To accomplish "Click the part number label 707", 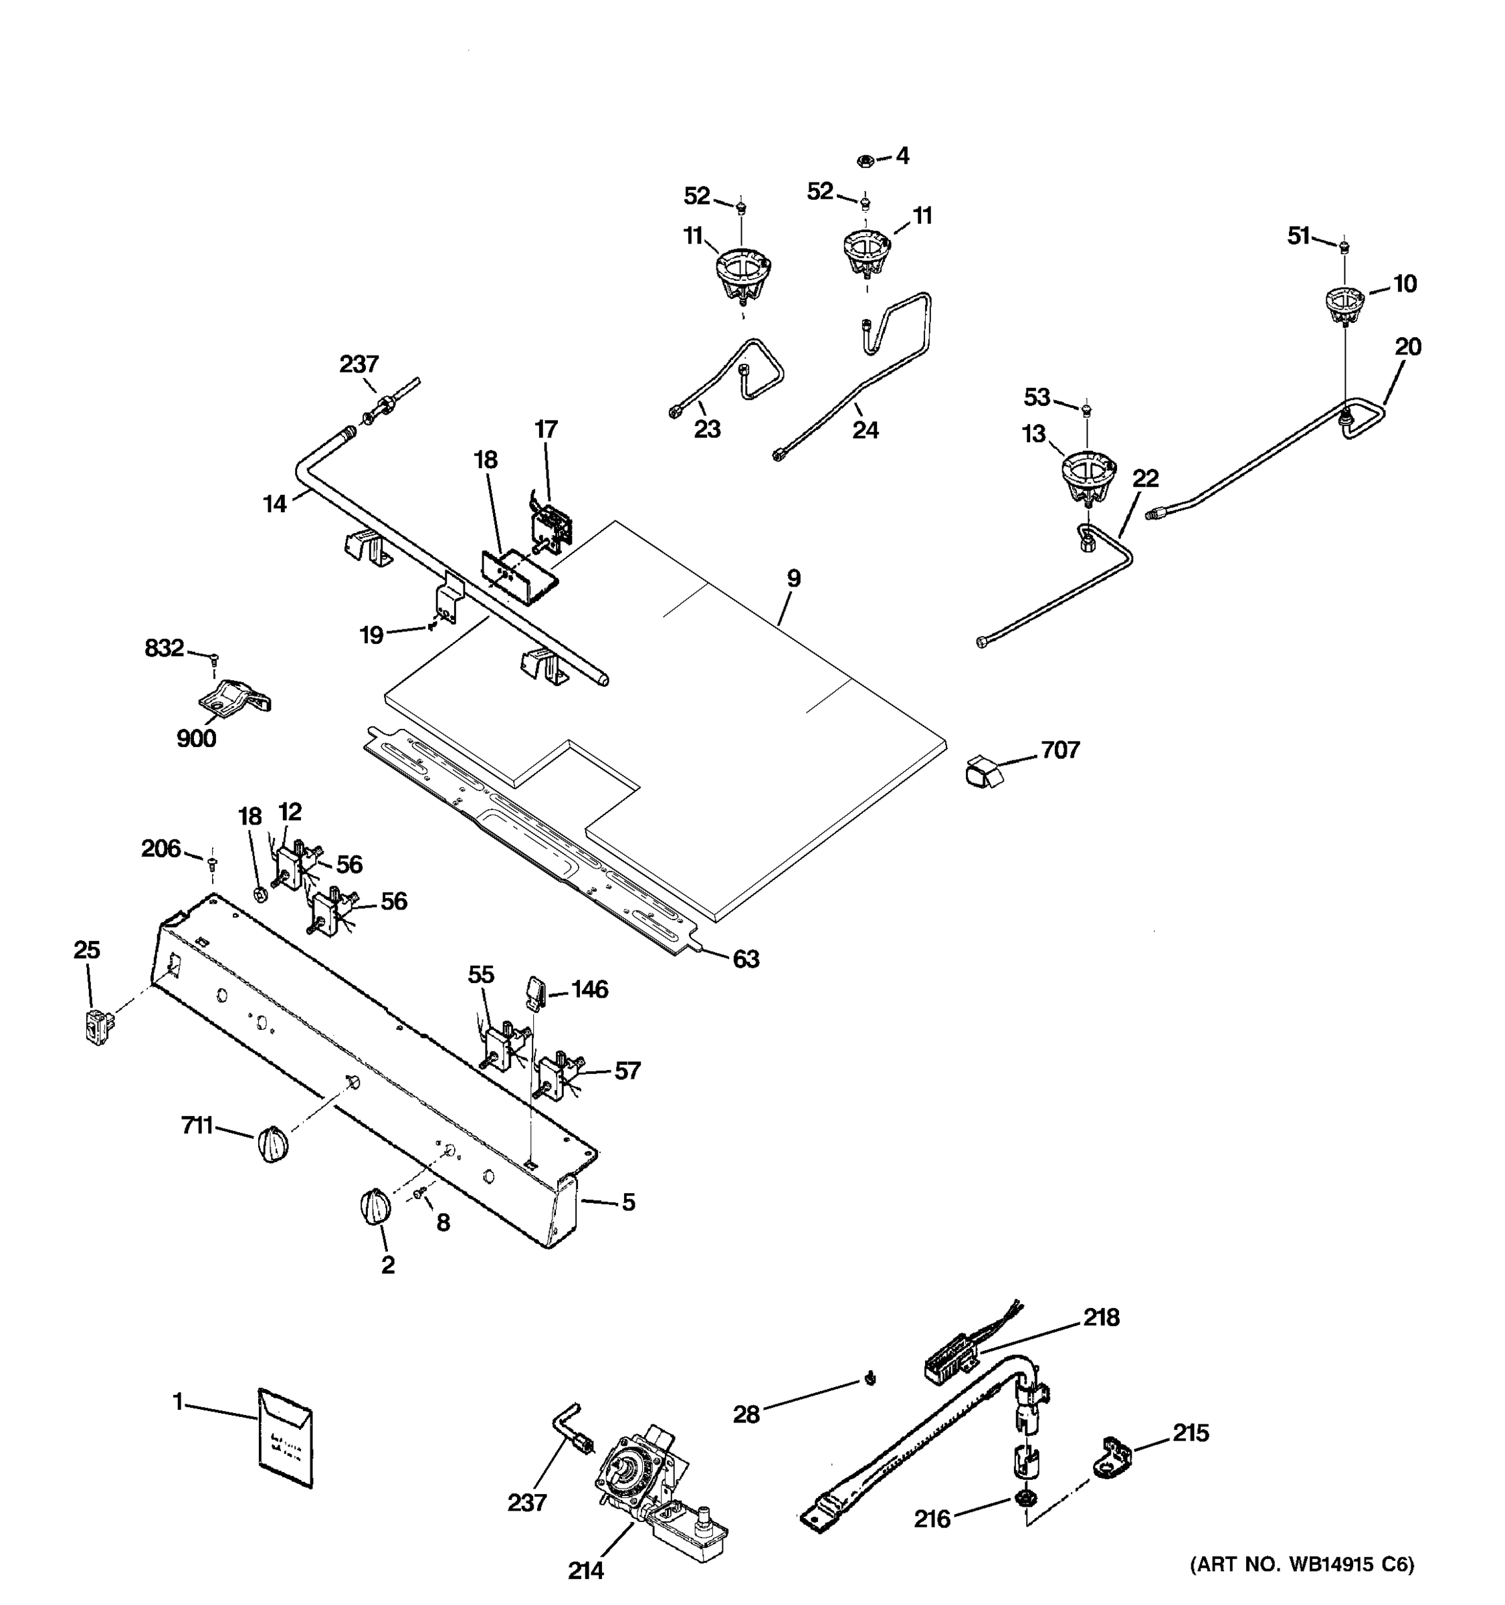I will point(1060,750).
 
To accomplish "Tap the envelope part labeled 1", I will point(285,1438).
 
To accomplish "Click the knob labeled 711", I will point(273,1144).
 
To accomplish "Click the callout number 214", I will point(585,1571).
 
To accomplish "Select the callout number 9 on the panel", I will point(794,578).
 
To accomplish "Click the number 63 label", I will point(745,958).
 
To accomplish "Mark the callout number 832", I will point(164,647).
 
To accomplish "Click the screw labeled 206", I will point(212,863).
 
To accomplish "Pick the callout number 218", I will point(1101,1317).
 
